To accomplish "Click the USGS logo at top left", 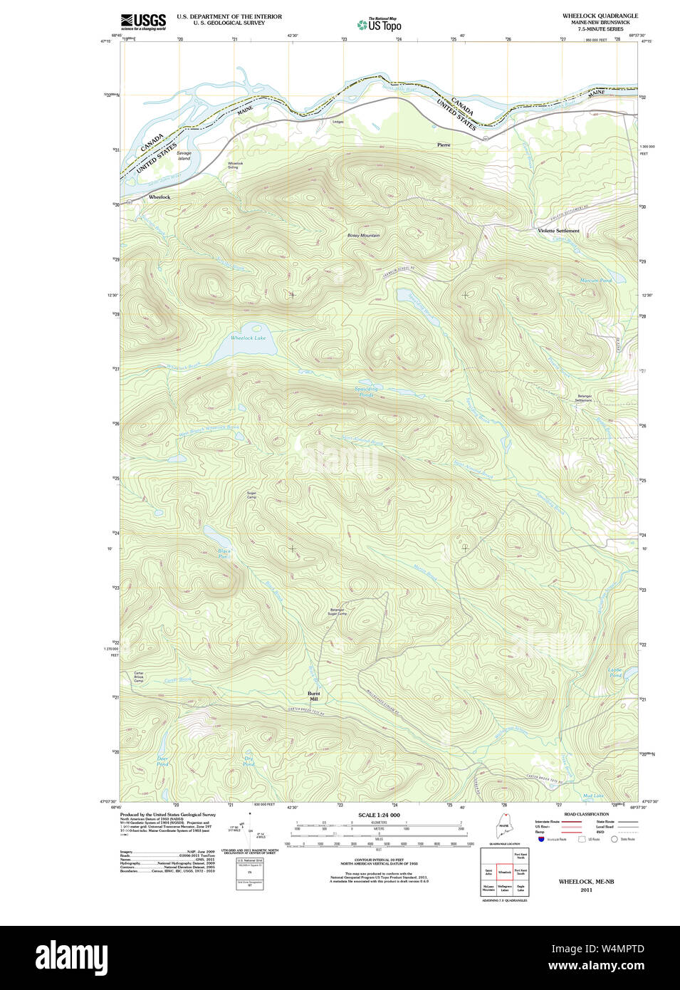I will (143, 21).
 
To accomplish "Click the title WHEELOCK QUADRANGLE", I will (600, 16).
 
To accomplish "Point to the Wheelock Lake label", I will (248, 338).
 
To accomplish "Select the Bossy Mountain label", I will (363, 235).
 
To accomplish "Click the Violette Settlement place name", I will (558, 231).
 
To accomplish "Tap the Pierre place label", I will (444, 145).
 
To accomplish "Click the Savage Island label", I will (184, 155).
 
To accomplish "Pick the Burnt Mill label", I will (313, 696).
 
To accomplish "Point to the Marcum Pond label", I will (595, 281).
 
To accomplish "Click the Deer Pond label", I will (162, 761).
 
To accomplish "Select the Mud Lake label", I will (592, 796).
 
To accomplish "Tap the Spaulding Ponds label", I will (366, 392).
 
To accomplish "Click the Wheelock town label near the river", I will (159, 197).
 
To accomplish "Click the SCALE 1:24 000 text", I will (379, 815).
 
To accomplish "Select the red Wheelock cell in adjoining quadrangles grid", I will (504, 871).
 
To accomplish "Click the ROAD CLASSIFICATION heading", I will (586, 814).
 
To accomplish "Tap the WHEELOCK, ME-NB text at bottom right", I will (586, 882).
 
